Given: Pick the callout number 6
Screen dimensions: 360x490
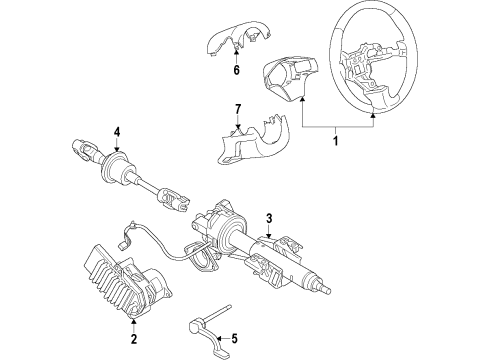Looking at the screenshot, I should coord(236,70).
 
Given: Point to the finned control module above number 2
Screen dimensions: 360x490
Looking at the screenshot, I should coord(130,284).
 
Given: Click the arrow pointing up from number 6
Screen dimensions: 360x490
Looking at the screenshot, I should coord(236,56).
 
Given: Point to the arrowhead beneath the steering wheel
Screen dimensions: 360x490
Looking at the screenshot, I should coord(375,115).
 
